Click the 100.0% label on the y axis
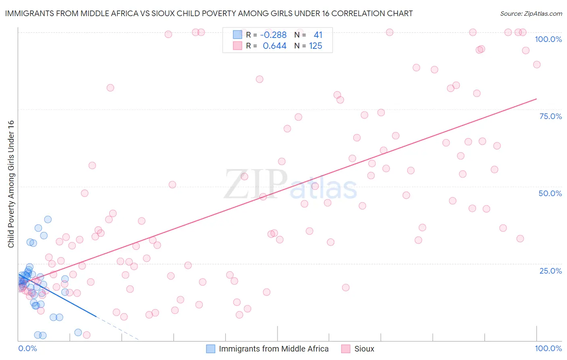pyautogui.click(x=548, y=39)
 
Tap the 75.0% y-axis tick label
pyautogui.click(x=550, y=116)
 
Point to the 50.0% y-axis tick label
pyautogui.click(x=550, y=193)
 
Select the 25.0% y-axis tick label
pyautogui.click(x=550, y=271)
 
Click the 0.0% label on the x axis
pyautogui.click(x=27, y=348)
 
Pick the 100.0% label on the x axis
pyautogui.click(x=548, y=348)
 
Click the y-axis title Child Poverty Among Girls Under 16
pyautogui.click(x=11, y=184)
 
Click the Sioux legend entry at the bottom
pyautogui.click(x=364, y=349)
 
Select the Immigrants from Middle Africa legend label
pyautogui.click(x=273, y=349)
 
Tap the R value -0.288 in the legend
pyautogui.click(x=273, y=35)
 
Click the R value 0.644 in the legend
pyautogui.click(x=274, y=46)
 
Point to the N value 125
pyautogui.click(x=315, y=46)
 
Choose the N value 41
pyautogui.click(x=318, y=35)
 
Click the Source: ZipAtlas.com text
pyautogui.click(x=531, y=14)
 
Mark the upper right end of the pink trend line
pyautogui.click(x=536, y=99)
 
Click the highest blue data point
pyautogui.click(x=48, y=220)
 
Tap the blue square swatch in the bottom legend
pyautogui.click(x=211, y=349)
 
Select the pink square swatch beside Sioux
pyautogui.click(x=346, y=349)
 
